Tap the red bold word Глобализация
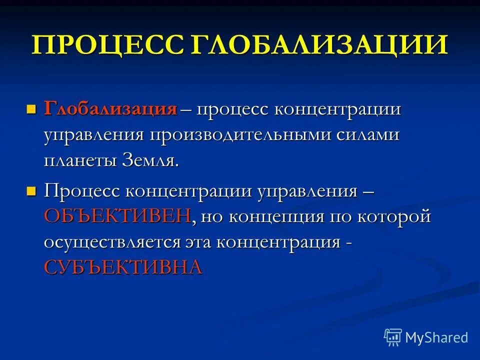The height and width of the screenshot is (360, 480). click(x=110, y=109)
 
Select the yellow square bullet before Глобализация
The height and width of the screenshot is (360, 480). click(x=31, y=108)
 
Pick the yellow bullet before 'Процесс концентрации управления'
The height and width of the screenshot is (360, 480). click(x=31, y=190)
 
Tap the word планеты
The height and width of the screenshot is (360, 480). click(x=80, y=161)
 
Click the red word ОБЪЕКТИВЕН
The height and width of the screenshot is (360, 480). click(x=117, y=216)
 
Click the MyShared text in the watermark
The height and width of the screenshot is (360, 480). click(x=436, y=337)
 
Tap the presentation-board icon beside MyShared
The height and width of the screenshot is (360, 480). click(x=392, y=337)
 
